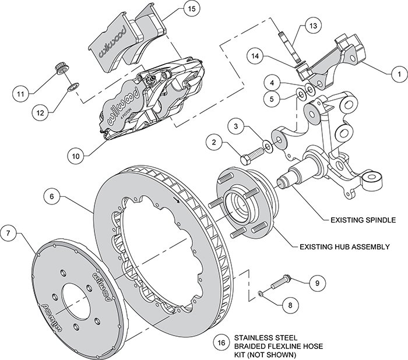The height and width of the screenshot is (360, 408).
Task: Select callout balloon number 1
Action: [398, 75]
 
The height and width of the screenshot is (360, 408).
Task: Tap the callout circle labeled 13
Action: [313, 26]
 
